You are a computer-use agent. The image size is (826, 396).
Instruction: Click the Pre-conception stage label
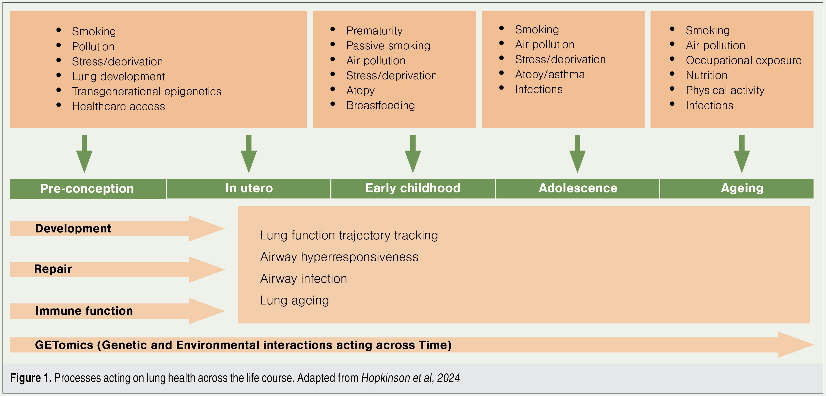click(x=87, y=189)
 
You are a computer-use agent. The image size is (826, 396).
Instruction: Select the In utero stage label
click(x=249, y=188)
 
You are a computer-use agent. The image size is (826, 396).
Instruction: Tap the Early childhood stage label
click(x=413, y=188)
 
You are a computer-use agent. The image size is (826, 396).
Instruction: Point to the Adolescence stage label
click(x=578, y=188)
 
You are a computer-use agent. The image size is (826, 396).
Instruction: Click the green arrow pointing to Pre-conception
click(x=84, y=154)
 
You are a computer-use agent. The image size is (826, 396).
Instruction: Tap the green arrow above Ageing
click(x=742, y=154)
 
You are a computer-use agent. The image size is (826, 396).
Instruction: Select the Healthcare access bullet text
click(x=118, y=106)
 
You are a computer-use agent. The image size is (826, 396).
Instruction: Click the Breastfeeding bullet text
click(x=381, y=106)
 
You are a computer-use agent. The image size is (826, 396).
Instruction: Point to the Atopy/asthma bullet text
click(x=550, y=75)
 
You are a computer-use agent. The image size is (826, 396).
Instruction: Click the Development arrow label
click(x=73, y=229)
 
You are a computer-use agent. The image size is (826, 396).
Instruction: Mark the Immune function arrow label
click(x=84, y=311)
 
